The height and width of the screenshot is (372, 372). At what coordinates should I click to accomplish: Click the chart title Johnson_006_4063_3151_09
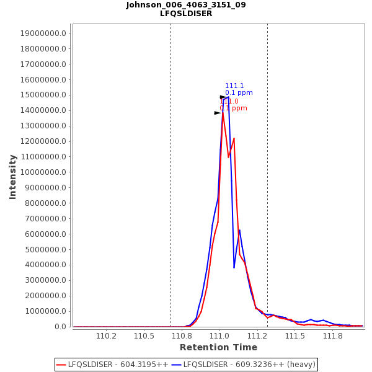(186, 5)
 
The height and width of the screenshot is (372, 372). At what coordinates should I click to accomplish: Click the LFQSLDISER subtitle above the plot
(186, 14)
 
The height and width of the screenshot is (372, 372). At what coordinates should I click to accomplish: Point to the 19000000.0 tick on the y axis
(44, 33)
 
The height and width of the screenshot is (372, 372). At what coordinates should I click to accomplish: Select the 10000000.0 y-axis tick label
(44, 172)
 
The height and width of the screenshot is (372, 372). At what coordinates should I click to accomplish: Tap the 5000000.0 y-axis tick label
(46, 249)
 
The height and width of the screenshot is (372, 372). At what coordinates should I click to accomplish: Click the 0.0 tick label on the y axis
(60, 327)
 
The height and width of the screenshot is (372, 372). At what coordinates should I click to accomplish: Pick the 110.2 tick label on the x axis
(107, 336)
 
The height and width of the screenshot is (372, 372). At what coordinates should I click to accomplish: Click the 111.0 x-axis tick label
(219, 336)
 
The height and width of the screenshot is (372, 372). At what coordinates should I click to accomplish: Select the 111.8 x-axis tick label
(333, 336)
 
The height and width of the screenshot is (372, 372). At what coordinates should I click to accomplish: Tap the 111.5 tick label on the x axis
(295, 336)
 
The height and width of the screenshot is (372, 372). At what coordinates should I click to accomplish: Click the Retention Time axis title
(218, 347)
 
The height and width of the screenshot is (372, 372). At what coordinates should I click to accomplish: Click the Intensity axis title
(12, 177)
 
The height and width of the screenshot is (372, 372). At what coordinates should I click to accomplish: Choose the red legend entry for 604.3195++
(112, 365)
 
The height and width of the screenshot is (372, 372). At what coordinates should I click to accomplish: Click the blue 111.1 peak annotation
(234, 86)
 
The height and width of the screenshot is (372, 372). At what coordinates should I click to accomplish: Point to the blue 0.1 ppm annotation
(239, 93)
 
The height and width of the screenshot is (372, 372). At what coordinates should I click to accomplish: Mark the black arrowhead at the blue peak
(223, 97)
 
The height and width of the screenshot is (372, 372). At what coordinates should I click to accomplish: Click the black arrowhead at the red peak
(217, 113)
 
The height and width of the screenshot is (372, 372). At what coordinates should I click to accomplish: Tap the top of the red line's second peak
(234, 138)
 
